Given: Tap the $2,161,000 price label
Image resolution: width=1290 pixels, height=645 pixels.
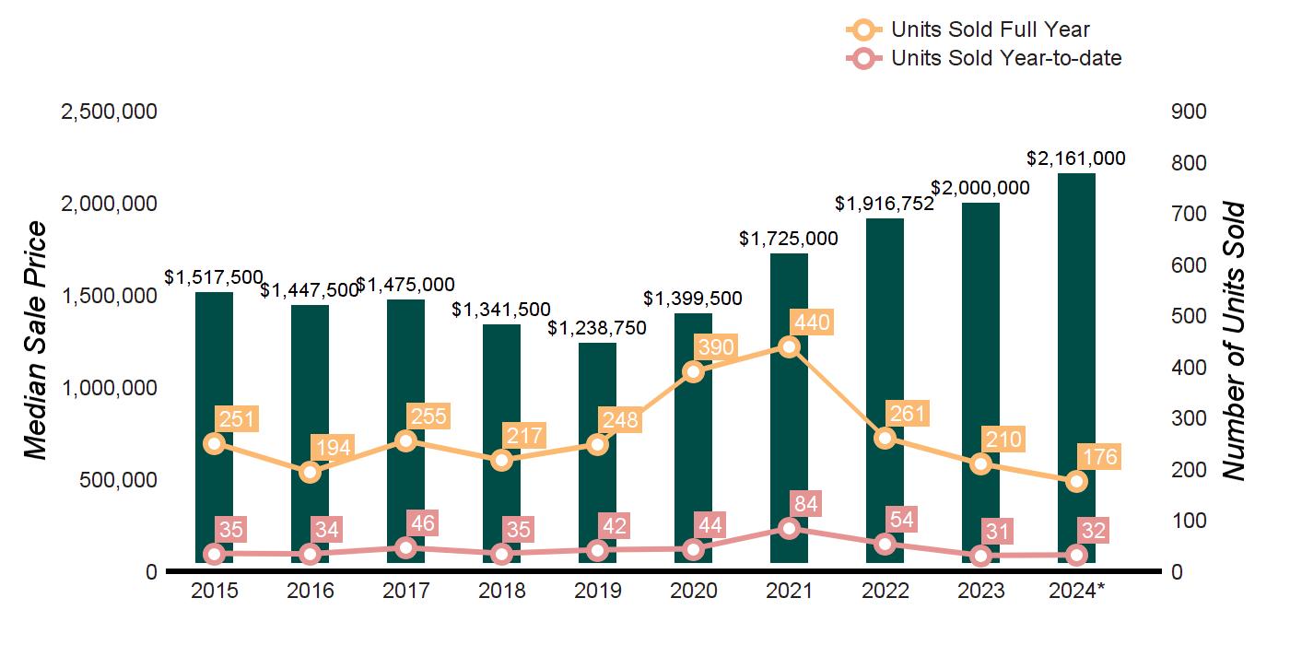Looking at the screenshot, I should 1076,158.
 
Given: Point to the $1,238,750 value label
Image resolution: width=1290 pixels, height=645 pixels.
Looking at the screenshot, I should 597,328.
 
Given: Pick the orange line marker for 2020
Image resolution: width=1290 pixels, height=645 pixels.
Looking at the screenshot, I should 693,371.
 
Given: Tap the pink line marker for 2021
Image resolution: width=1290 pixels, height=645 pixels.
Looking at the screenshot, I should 789,528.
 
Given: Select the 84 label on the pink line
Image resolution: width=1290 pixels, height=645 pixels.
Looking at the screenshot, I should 811,504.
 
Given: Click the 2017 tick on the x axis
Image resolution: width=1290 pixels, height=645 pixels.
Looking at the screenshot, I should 405,592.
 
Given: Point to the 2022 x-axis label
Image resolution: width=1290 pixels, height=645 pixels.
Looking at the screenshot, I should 885,592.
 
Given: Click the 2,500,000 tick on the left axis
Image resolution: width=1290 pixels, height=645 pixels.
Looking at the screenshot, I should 109,111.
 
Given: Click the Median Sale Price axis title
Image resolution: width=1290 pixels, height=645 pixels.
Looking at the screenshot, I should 35,341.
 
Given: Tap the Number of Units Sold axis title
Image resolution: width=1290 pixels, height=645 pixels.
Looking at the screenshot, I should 1235,341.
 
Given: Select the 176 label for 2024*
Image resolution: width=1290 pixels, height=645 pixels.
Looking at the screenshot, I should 1098,458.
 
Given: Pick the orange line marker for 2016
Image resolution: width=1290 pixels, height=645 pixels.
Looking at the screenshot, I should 310,473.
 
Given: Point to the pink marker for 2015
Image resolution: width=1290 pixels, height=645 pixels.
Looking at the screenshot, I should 214,554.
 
